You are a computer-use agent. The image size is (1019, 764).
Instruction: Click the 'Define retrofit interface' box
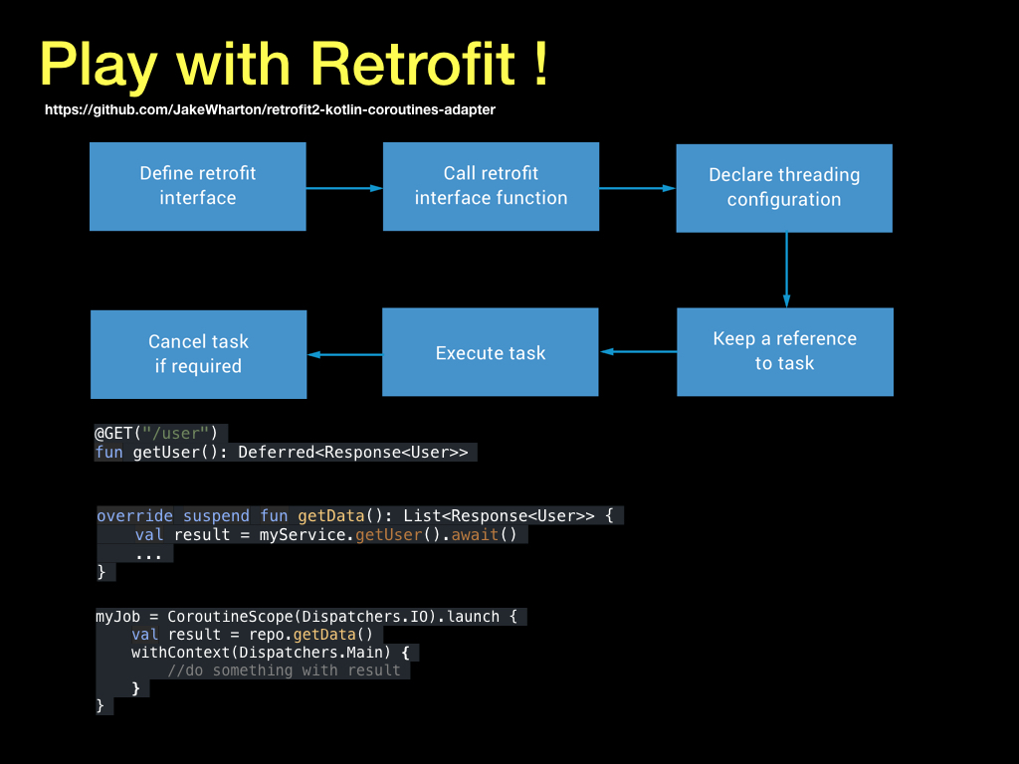point(198,186)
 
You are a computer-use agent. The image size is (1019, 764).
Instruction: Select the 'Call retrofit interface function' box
point(491,186)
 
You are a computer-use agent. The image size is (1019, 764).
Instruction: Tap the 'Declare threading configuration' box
point(784,188)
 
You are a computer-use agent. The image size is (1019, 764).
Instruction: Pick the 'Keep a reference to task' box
point(785,352)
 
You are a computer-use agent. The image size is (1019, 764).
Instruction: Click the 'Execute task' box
point(490,352)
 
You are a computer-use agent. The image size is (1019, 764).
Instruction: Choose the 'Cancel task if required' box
point(198,355)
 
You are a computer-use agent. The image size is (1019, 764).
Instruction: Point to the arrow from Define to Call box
point(344,188)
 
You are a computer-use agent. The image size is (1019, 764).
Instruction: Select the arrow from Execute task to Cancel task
point(344,355)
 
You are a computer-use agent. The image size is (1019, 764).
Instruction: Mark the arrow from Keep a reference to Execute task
point(638,351)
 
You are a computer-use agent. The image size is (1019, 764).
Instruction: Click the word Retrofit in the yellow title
point(413,64)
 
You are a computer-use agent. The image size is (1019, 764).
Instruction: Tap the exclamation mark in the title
point(541,63)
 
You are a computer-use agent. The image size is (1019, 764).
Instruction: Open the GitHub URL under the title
point(270,109)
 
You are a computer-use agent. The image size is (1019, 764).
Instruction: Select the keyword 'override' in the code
point(134,516)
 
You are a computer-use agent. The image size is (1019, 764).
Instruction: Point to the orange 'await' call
point(475,534)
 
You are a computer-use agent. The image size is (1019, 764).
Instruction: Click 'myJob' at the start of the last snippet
point(118,617)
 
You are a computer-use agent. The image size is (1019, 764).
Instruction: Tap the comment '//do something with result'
point(284,670)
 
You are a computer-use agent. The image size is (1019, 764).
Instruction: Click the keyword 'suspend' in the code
point(216,516)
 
